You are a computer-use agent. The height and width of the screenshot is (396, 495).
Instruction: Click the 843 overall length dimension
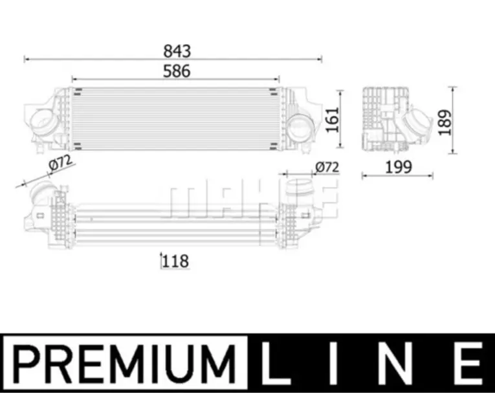(177, 51)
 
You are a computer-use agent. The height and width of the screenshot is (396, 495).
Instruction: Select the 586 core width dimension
(177, 71)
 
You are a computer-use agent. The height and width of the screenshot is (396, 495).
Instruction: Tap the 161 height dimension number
(332, 120)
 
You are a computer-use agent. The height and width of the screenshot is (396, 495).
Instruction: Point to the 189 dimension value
(445, 122)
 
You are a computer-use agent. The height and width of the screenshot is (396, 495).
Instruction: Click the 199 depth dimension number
(399, 167)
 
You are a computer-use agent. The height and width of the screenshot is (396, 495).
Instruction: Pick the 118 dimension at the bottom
(175, 261)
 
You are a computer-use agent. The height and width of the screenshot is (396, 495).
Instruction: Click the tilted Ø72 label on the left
(60, 163)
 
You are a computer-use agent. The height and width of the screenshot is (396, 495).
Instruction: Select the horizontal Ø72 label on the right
(327, 167)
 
